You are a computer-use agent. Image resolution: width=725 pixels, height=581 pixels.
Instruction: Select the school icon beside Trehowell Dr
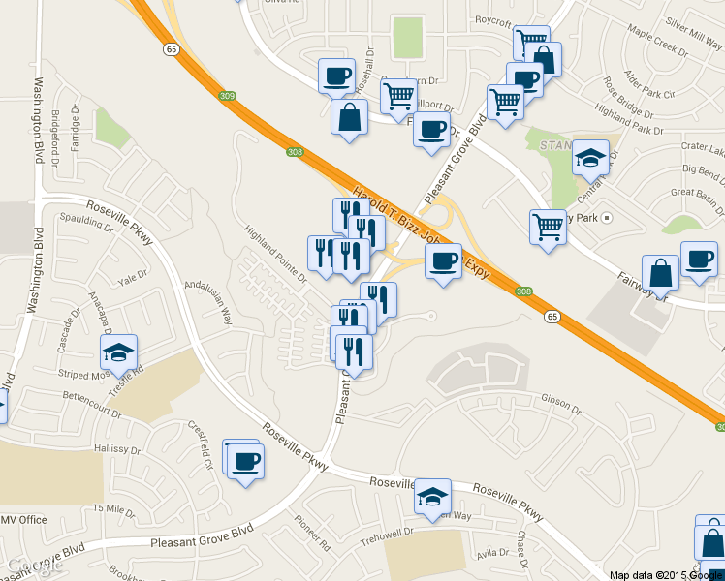click(x=432, y=499)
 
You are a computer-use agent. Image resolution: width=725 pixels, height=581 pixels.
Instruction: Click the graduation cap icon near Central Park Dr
click(x=590, y=158)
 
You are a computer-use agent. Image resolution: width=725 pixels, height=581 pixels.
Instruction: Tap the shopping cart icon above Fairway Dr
click(x=548, y=227)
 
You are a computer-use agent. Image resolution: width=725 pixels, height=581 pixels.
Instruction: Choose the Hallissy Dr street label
click(x=118, y=450)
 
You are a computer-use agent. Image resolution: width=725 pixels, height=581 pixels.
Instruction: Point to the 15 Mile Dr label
click(x=114, y=509)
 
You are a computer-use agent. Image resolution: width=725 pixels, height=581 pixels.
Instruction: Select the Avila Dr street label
click(x=491, y=553)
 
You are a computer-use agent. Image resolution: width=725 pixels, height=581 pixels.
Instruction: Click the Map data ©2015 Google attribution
click(x=665, y=574)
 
